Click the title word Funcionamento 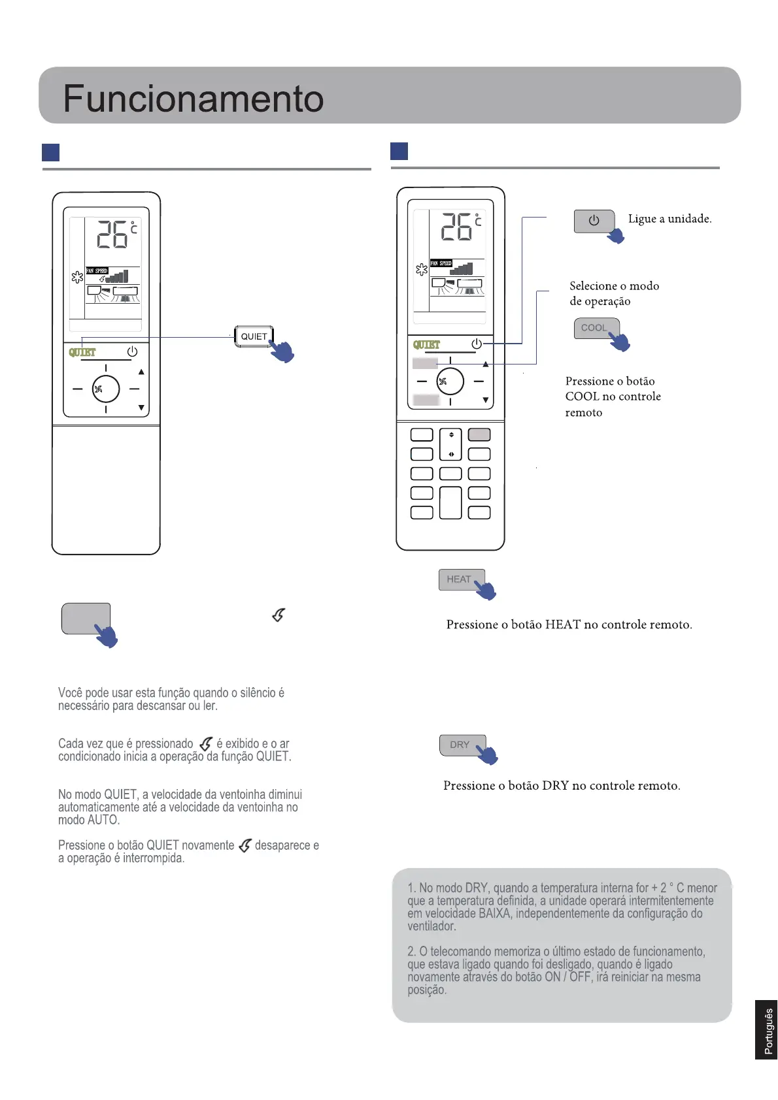tap(193, 99)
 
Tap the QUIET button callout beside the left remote tap(254, 336)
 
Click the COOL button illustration tap(594, 328)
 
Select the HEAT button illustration tap(460, 579)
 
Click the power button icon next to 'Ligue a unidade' tap(594, 221)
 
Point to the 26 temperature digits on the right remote tap(456, 227)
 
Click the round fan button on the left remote tap(105, 389)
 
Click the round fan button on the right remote tap(450, 381)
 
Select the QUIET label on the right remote tap(426, 344)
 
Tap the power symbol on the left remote tap(132, 351)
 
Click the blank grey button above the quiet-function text tap(86, 619)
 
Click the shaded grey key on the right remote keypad tap(479, 434)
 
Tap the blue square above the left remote tap(50, 152)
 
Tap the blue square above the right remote tap(399, 151)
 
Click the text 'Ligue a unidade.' tap(669, 219)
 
